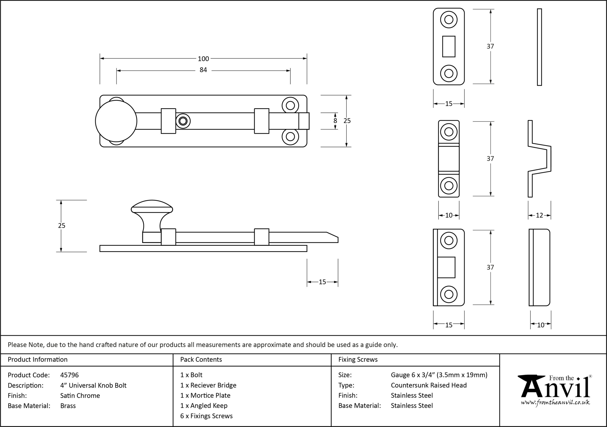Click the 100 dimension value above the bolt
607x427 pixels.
tap(203, 59)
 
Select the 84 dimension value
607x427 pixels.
tap(203, 70)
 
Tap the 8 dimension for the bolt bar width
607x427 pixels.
tap(335, 121)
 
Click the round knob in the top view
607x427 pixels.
tap(116, 121)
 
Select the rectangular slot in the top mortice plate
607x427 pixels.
tap(449, 46)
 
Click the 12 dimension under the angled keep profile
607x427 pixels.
tap(539, 215)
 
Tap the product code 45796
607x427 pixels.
tap(69, 375)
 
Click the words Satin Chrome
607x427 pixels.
tap(80, 395)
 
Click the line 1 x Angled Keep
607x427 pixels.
tap(204, 406)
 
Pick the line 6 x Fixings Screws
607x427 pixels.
tap(207, 416)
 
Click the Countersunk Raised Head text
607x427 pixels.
tap(429, 385)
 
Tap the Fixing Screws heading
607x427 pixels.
tap(358, 360)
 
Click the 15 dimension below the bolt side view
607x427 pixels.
tap(322, 282)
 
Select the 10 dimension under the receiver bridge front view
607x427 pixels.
tap(449, 215)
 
